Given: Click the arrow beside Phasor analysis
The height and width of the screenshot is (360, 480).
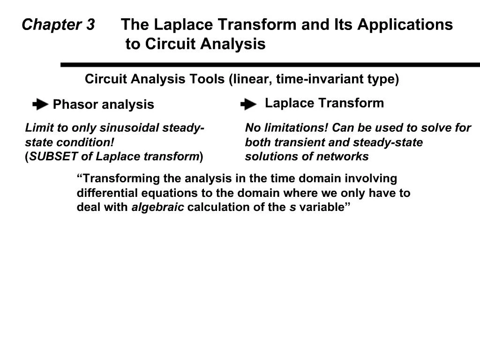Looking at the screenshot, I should pyautogui.click(x=40, y=104).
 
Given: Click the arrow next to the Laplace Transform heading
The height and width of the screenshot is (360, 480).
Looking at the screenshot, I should pyautogui.click(x=248, y=104).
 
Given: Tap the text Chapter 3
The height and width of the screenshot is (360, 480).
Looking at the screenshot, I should pyautogui.click(x=58, y=24).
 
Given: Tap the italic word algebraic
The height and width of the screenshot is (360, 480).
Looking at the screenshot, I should pyautogui.click(x=157, y=208).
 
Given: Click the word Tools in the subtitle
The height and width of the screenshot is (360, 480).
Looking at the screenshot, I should pyautogui.click(x=207, y=79).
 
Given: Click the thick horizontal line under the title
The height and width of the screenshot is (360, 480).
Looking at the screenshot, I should pyautogui.click(x=270, y=65).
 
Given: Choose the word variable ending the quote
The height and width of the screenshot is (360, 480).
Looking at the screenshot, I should pyautogui.click(x=323, y=208).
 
